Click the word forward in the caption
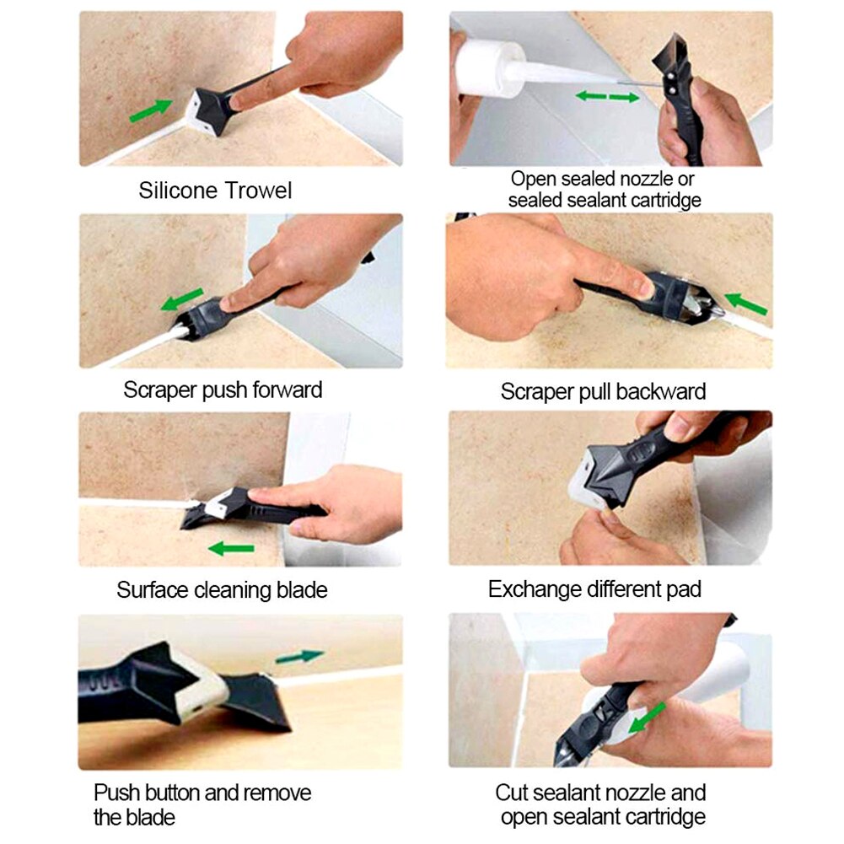click(283, 390)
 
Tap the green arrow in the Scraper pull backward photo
click(745, 304)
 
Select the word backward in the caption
click(660, 392)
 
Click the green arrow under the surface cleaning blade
click(231, 549)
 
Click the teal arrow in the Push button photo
click(299, 656)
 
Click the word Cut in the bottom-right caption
click(513, 793)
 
